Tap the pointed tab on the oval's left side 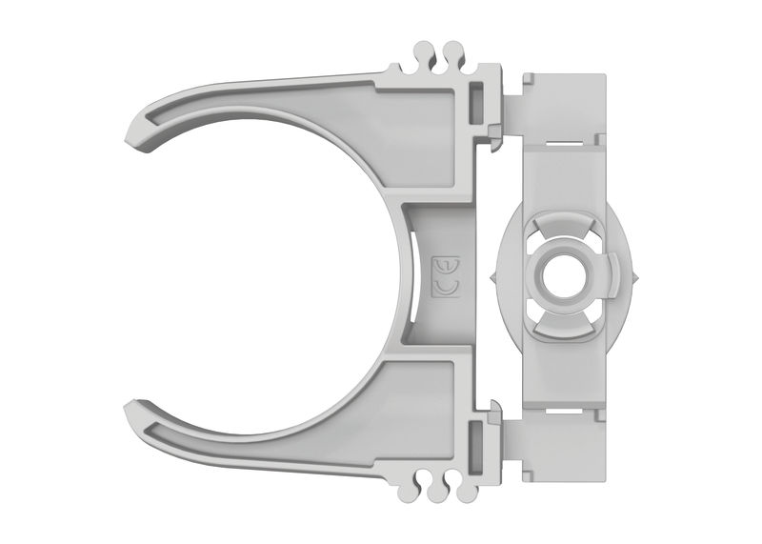pyautogui.click(x=491, y=277)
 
